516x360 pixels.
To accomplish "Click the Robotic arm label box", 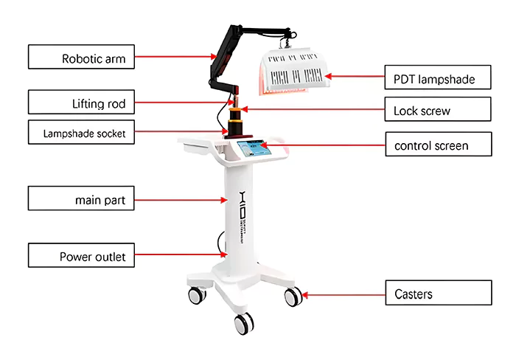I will click(x=82, y=57).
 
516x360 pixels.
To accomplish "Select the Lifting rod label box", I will click(x=82, y=103).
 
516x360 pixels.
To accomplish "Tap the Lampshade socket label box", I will click(x=82, y=133).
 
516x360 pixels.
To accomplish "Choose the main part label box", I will click(x=82, y=199).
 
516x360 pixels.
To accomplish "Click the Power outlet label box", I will click(x=82, y=257).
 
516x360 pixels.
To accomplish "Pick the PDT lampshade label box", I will click(x=438, y=76).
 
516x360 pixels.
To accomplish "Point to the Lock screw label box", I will click(x=438, y=111).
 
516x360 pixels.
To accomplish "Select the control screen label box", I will click(x=438, y=145).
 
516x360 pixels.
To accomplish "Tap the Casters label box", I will click(x=438, y=294).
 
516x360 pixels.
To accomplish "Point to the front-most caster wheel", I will click(x=243, y=322).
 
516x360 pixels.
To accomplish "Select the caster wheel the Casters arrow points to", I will click(x=292, y=297).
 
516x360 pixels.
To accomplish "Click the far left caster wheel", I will click(x=197, y=296).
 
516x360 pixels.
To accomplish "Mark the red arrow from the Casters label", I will click(x=343, y=295).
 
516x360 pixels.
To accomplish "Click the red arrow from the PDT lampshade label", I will click(x=355, y=75).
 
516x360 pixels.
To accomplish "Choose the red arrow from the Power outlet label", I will click(x=181, y=255).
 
